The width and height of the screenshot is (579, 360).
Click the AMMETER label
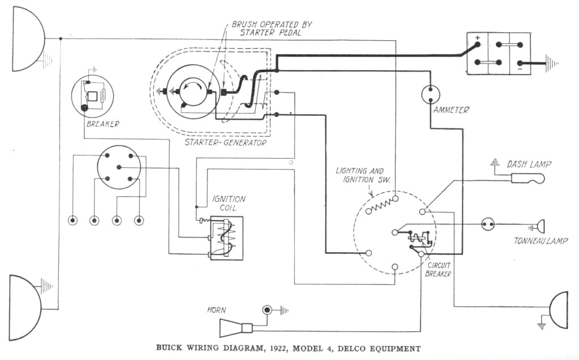(451, 110)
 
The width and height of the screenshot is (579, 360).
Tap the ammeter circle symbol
(431, 94)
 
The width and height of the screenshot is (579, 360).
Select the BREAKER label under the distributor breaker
(102, 124)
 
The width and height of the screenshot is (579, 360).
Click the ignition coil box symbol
(226, 238)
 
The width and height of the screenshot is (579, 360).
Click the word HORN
(217, 310)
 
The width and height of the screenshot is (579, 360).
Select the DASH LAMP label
(529, 164)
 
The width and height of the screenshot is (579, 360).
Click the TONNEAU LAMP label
(541, 241)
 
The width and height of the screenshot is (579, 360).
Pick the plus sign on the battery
(477, 40)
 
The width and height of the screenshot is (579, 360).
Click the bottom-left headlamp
(24, 307)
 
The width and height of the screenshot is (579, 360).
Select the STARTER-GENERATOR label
(225, 142)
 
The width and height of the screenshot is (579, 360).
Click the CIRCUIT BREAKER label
(438, 269)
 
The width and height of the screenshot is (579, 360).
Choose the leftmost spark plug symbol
(73, 220)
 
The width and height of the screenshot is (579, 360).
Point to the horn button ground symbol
(284, 310)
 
